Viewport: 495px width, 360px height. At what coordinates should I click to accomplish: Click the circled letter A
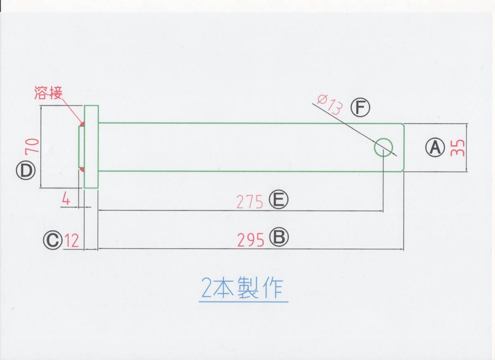click(x=435, y=147)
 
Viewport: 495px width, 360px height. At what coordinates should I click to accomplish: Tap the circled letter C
click(x=53, y=240)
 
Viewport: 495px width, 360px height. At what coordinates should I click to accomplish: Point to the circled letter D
click(x=26, y=171)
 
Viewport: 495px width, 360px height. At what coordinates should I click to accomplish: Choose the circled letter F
click(x=361, y=108)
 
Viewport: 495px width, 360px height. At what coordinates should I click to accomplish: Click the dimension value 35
click(x=457, y=147)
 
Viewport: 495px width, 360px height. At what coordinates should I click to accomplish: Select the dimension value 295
click(x=250, y=240)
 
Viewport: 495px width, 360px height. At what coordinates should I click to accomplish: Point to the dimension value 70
click(x=33, y=146)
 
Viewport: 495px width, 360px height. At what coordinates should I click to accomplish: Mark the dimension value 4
click(x=66, y=200)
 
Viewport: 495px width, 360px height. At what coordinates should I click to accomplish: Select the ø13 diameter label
click(x=330, y=104)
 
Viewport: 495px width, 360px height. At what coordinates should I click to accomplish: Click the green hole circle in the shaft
click(x=383, y=147)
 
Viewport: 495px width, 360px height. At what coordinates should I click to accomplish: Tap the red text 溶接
click(x=48, y=94)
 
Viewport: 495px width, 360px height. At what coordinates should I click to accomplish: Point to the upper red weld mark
click(x=82, y=123)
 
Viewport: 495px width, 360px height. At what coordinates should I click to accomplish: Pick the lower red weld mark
click(x=82, y=170)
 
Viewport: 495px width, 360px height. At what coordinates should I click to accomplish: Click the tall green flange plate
click(x=91, y=147)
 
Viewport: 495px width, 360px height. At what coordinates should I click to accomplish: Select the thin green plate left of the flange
click(x=81, y=147)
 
